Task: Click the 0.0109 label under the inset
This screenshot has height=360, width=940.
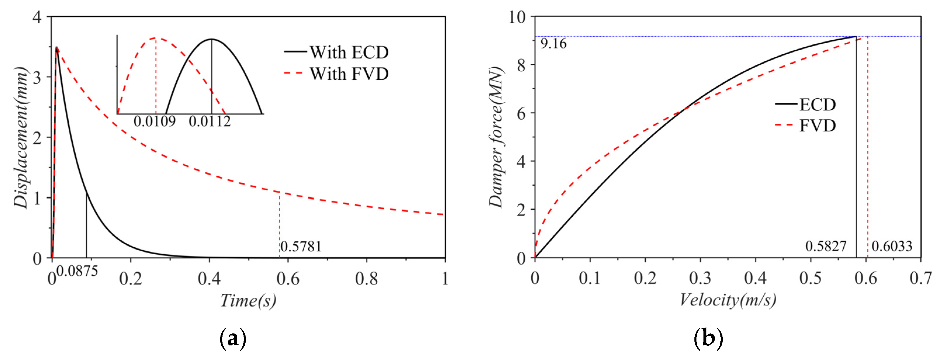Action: point(154,121)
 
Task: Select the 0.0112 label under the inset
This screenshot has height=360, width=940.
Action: point(210,121)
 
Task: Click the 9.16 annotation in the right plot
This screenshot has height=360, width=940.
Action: point(553,44)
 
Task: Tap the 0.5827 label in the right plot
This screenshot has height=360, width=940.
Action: point(826,246)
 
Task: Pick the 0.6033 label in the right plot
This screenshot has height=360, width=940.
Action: point(892,246)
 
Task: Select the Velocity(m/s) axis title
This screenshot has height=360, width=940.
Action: point(728,300)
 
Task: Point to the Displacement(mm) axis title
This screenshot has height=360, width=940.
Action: point(21,138)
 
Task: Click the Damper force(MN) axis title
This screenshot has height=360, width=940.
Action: point(496,138)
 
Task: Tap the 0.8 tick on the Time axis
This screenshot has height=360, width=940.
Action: point(366,279)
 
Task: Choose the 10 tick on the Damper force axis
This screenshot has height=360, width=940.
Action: point(517,17)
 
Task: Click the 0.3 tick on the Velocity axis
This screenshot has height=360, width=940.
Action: point(700,278)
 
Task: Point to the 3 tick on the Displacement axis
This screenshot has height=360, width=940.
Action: point(37,77)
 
